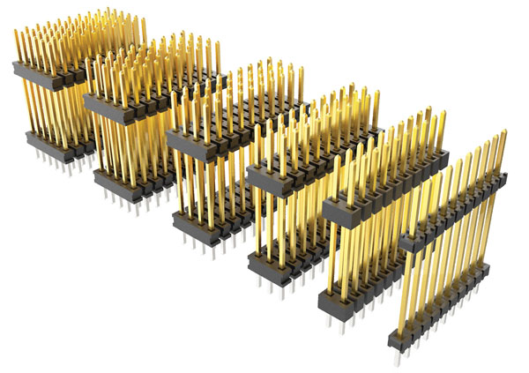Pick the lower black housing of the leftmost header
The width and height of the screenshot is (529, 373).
pos(53,145)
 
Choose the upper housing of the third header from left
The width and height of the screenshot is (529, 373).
pos(203,138)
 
